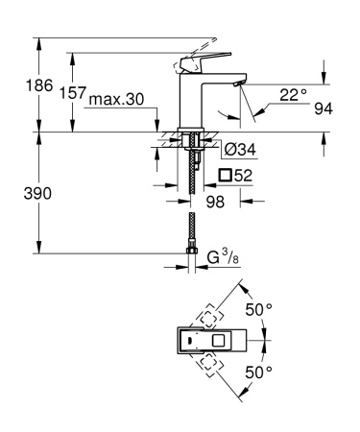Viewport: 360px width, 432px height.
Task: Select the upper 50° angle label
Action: click(260, 311)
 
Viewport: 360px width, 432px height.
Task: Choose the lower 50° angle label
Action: click(260, 372)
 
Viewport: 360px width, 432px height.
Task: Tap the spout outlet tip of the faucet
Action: click(235, 85)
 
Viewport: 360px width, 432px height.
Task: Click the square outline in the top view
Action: click(218, 340)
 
